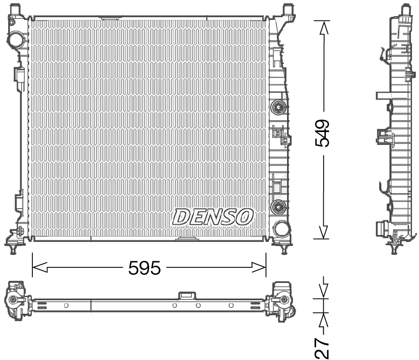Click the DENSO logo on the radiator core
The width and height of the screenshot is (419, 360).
coord(212,217)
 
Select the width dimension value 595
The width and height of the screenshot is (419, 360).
coord(144,267)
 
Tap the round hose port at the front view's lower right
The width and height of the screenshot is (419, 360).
coord(281,229)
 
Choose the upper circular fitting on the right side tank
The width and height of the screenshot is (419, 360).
coord(278,107)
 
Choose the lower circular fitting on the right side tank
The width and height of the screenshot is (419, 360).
coord(278,206)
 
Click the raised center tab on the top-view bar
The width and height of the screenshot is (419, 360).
coord(187,295)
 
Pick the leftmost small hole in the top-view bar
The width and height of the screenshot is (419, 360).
coord(67,306)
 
